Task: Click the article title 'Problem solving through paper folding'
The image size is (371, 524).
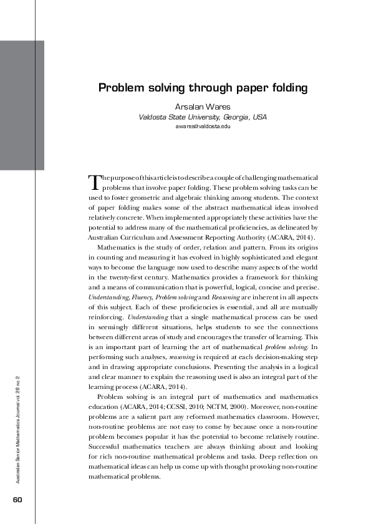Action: (203, 88)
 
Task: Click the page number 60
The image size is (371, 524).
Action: (17, 500)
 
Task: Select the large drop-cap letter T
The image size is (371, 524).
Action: (95, 182)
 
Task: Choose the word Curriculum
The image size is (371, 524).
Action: (140, 238)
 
